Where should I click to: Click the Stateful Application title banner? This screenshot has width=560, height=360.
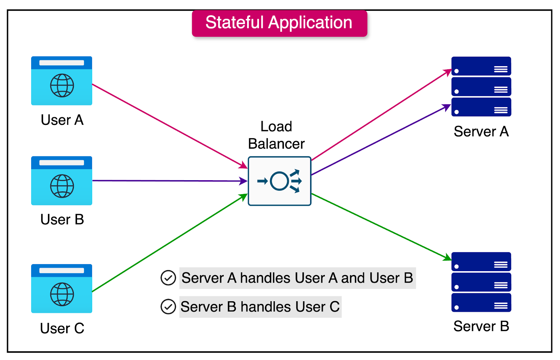click(x=279, y=23)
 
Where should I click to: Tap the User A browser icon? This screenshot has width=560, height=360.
click(x=62, y=81)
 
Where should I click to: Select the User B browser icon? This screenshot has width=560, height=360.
click(x=62, y=181)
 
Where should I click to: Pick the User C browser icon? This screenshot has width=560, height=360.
click(x=62, y=288)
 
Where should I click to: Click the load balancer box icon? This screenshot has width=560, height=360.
click(x=279, y=181)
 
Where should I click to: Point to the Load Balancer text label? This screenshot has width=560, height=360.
click(x=276, y=135)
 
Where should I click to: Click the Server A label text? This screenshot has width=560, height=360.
click(x=481, y=132)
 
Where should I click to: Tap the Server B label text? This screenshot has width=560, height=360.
click(x=481, y=326)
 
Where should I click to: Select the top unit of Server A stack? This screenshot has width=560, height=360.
click(x=481, y=66)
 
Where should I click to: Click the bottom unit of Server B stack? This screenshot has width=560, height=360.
click(x=481, y=303)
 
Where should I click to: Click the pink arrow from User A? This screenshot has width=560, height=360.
click(x=168, y=125)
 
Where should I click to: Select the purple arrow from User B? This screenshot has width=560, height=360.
click(x=168, y=181)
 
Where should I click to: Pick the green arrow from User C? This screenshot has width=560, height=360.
click(x=168, y=244)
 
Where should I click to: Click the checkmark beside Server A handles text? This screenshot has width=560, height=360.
click(x=168, y=278)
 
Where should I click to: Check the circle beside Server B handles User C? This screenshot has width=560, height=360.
click(x=168, y=307)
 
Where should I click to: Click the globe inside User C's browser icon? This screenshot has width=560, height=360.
click(x=62, y=294)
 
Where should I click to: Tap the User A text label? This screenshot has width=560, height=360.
click(x=62, y=120)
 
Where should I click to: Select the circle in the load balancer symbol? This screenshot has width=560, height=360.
click(x=279, y=181)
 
